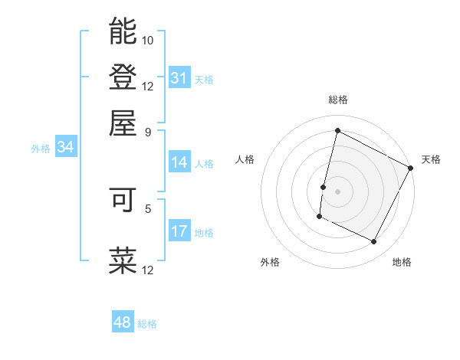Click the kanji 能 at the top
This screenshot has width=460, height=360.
pos(123,31)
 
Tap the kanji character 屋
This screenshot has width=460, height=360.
pos(123,123)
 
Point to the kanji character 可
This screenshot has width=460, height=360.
pos(123,200)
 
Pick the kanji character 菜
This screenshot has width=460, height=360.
pos(123,260)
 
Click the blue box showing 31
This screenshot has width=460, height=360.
pos(179,78)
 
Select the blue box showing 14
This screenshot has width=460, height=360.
pos(179,162)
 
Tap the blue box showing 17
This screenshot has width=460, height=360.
pos(179,231)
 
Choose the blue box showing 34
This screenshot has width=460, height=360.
pos(65,148)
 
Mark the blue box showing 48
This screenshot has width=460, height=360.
pos(123,322)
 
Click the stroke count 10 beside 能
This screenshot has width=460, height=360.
pos(148,39)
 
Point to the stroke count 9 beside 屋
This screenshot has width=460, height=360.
pos(148,131)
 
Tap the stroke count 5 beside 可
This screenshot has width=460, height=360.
pos(148,207)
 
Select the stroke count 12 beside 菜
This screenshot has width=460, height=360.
pos(148,269)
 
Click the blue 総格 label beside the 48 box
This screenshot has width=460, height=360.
pos(147,324)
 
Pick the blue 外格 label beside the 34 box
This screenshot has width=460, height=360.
pos(41,149)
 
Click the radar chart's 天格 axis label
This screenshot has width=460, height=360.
pos(431,159)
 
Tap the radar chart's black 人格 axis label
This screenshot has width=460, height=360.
pos(245,159)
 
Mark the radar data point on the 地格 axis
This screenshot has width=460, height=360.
pos(374,242)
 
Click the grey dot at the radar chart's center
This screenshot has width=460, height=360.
pos(337,191)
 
